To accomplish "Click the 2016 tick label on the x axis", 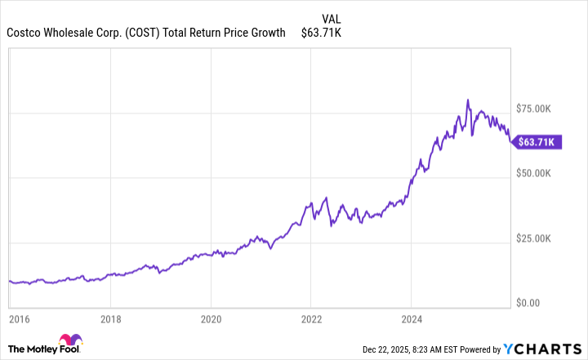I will (18, 318).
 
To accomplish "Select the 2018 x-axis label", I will (111, 318).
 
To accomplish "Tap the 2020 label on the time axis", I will (211, 318).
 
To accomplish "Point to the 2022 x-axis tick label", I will (311, 318).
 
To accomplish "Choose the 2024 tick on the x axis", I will (412, 318).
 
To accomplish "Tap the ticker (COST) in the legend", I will (140, 33).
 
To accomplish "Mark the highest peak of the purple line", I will (468, 100).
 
